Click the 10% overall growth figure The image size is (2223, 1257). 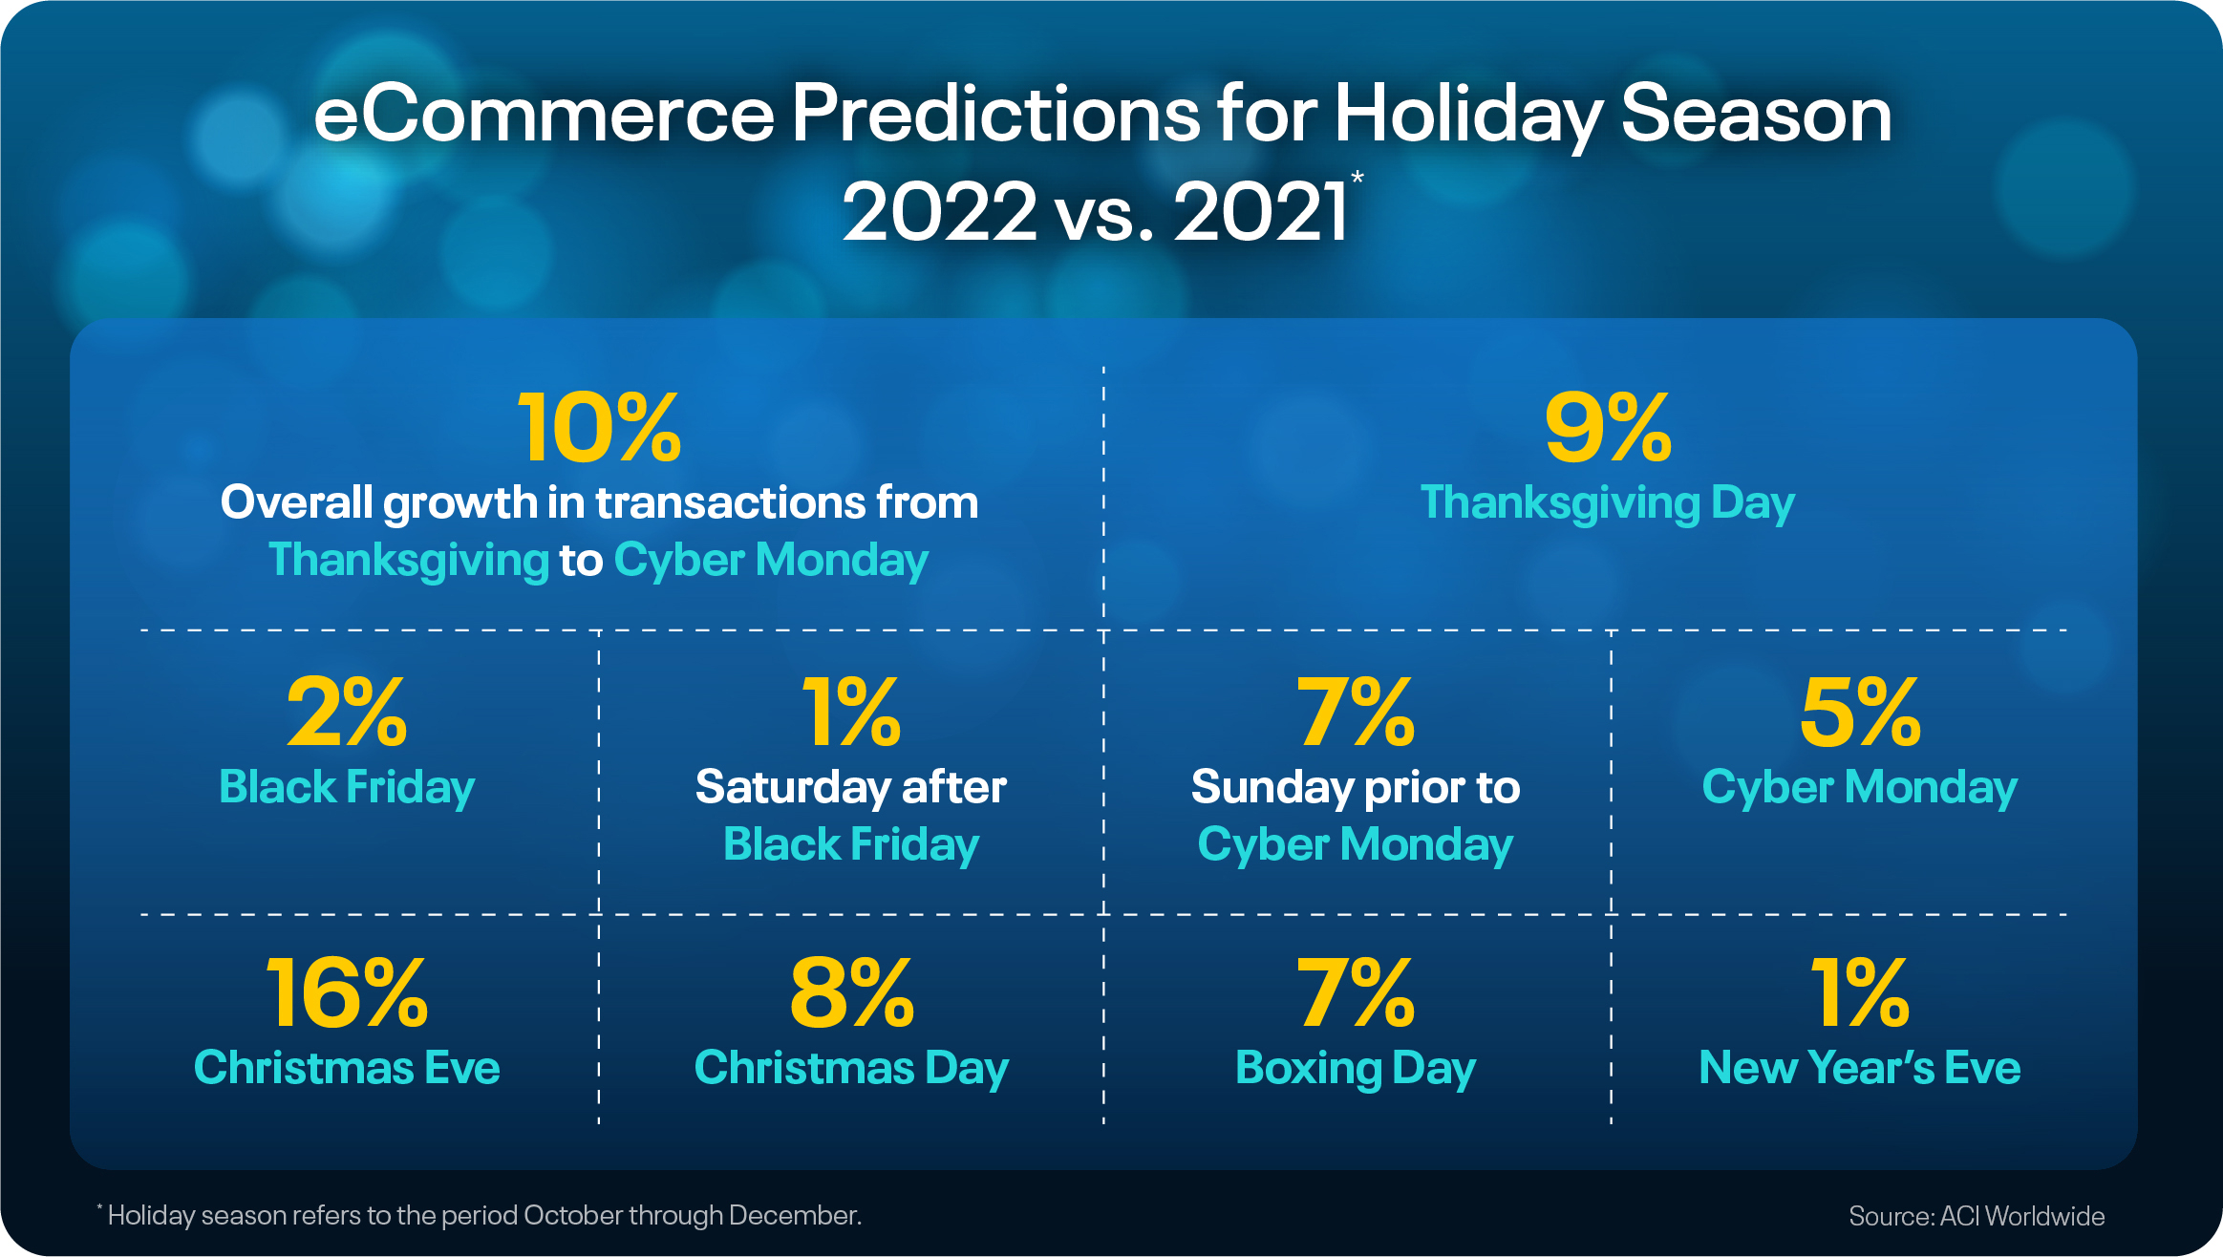point(599,428)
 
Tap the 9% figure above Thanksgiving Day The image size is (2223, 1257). point(1608,428)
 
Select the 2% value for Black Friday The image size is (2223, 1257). point(347,713)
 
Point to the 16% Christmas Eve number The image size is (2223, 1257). point(347,993)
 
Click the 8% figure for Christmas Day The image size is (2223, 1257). point(851,993)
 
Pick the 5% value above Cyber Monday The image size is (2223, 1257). point(1859,713)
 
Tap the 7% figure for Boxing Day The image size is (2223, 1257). point(1355,993)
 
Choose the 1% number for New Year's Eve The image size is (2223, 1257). point(1859,993)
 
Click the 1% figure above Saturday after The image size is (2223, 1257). point(851,713)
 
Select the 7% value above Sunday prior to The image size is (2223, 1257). point(1355,713)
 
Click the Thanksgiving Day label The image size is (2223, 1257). point(1608,503)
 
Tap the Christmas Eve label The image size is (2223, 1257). point(347,1068)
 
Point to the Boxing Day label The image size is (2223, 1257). point(1355,1068)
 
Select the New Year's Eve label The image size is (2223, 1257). point(1859,1068)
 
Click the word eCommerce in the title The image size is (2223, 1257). point(544,115)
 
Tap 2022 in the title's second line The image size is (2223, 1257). point(939,212)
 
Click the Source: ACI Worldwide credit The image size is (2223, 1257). point(1976,1216)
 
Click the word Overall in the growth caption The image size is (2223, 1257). point(297,503)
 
